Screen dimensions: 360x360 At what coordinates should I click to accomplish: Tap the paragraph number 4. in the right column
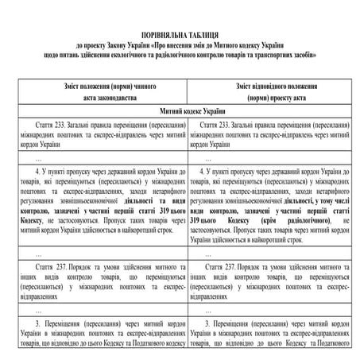pyautogui.click(x=208, y=171)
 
